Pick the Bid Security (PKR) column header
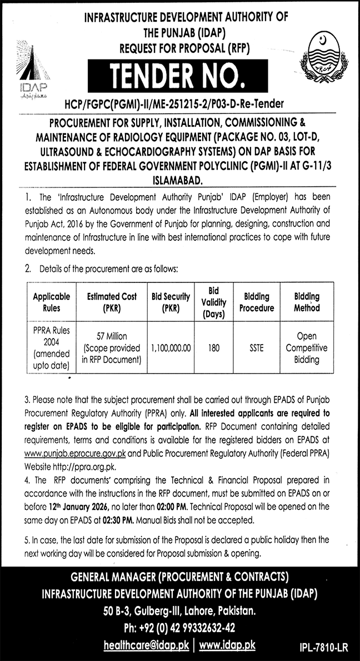click(x=171, y=302)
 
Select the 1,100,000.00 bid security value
click(x=171, y=347)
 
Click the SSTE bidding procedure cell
click(x=257, y=347)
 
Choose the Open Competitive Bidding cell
click(x=307, y=347)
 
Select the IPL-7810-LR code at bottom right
click(x=323, y=647)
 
